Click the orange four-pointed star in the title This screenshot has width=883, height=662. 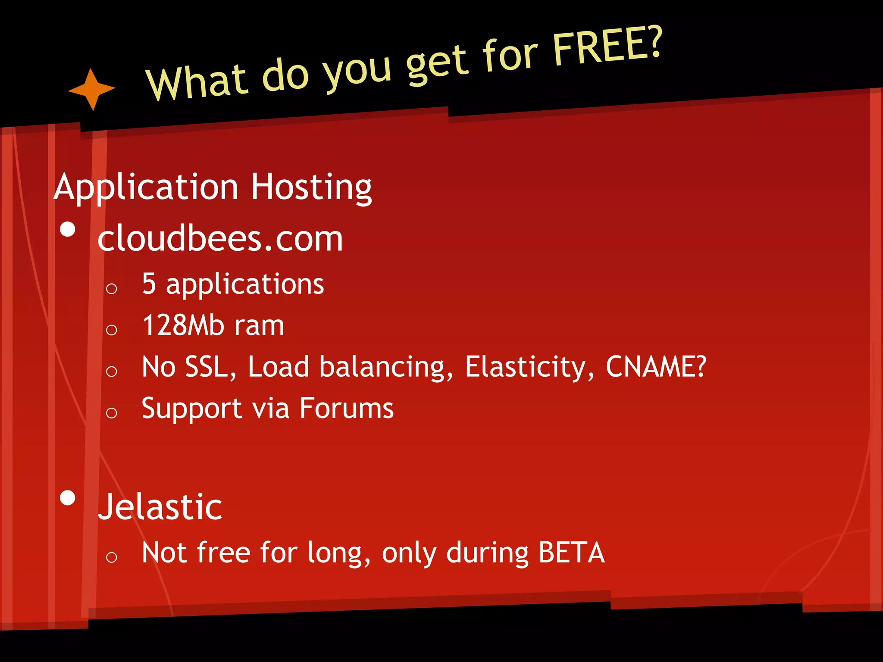pos(91,89)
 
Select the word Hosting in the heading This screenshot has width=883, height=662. pos(311,187)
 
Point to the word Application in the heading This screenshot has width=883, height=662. pos(146,187)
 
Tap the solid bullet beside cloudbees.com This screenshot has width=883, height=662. pos(68,229)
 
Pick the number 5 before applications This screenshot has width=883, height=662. pos(149,284)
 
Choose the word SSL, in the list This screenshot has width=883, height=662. pos(210,367)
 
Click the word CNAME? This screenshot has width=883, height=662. pos(656,366)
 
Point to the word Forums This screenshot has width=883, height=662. pos(346,408)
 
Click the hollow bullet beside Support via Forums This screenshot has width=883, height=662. pos(111,413)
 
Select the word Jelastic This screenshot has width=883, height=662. pos(160,507)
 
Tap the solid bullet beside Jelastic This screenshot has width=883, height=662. pos(68,498)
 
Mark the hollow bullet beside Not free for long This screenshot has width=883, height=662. pos(111,557)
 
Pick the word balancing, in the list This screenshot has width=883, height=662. pos(386,367)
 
